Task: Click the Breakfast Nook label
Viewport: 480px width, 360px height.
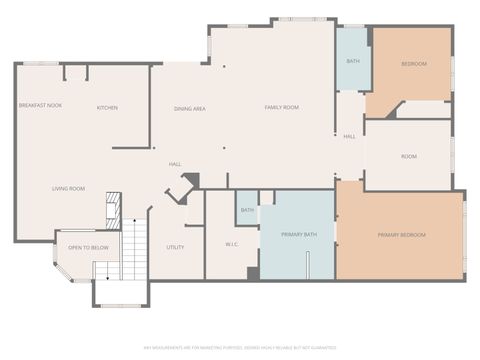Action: [40, 105]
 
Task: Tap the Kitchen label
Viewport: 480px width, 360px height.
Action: [107, 107]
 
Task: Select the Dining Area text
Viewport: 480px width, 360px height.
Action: [190, 108]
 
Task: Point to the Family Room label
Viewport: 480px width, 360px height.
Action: [281, 107]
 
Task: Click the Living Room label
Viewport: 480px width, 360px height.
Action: [68, 188]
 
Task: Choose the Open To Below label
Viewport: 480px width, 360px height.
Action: [88, 247]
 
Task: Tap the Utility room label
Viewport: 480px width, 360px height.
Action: [175, 247]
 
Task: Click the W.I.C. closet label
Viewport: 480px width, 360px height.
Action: [231, 243]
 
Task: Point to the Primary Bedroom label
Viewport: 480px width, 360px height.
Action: [401, 235]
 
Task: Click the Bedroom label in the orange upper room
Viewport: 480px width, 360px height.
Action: [414, 64]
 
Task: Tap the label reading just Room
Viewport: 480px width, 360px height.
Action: [409, 156]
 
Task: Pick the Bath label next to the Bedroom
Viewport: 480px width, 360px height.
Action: [352, 61]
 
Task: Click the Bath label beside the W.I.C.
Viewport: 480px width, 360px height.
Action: [247, 210]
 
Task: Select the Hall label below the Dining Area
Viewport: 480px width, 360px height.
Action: [174, 163]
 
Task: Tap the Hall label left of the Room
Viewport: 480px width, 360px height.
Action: [349, 136]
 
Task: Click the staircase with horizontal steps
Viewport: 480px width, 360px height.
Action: [134, 250]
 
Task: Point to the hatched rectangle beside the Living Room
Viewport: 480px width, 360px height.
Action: [113, 210]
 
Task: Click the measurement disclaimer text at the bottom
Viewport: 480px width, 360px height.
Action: [240, 347]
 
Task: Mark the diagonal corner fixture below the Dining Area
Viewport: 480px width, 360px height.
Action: [182, 187]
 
